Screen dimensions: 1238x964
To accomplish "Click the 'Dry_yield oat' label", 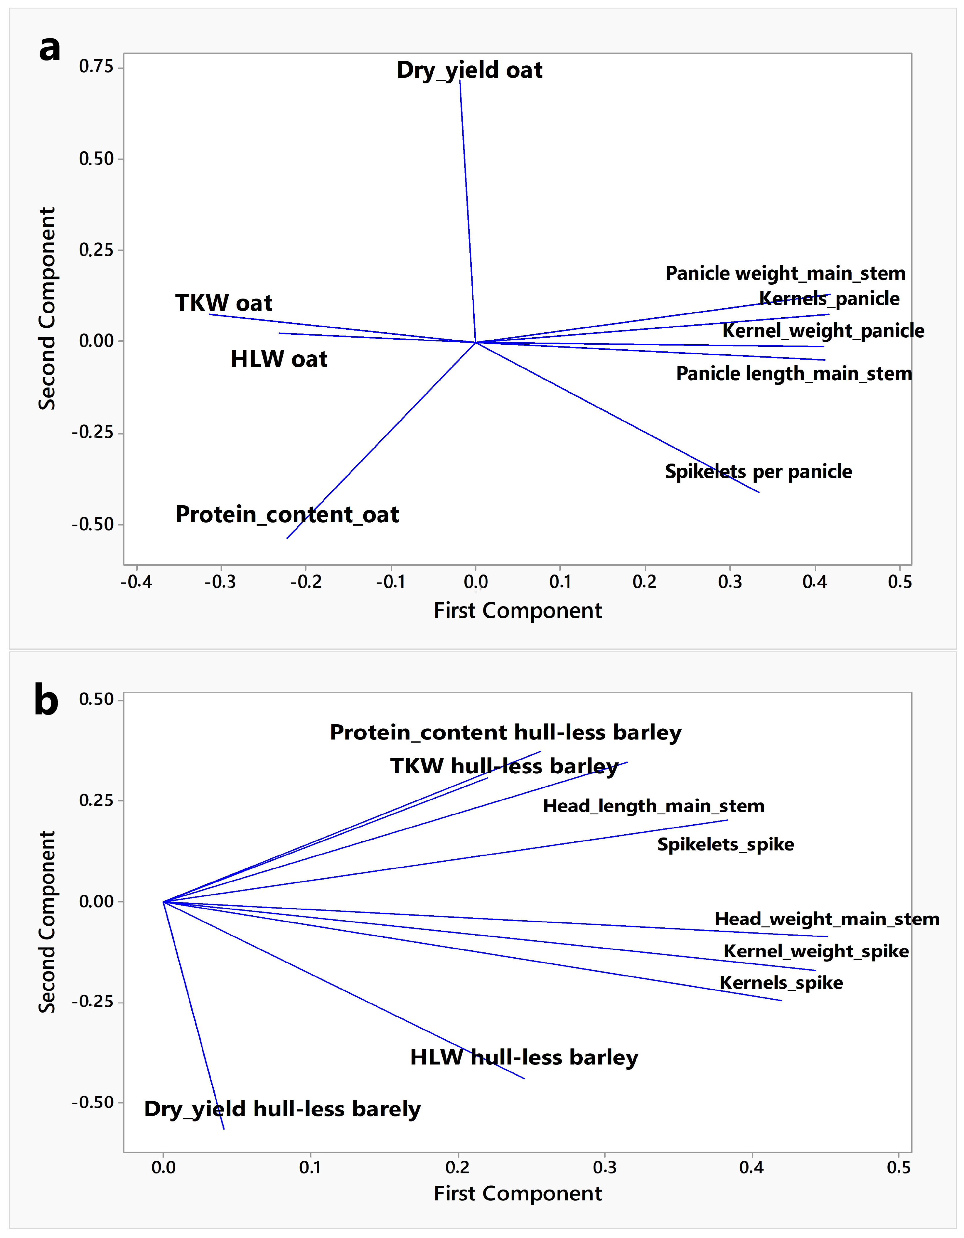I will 469,70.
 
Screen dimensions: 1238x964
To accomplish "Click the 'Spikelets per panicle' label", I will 758,471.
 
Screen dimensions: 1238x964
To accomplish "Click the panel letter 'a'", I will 50,48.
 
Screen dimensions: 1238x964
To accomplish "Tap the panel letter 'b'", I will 46,700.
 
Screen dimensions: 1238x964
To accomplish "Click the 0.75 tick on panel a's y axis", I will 96,67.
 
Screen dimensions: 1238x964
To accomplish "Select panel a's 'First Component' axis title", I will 518,611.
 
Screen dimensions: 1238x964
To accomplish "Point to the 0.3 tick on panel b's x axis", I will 605,1168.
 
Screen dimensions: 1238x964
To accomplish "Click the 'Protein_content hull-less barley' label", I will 505,732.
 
